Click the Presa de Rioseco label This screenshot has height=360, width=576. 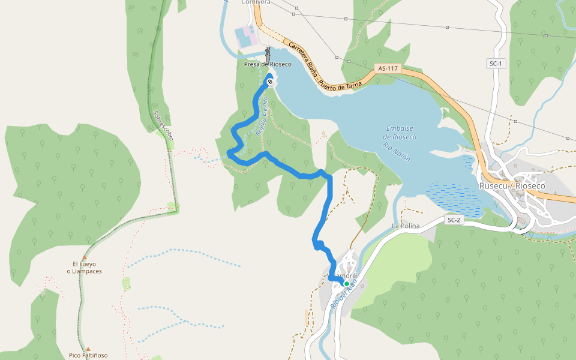[x=268, y=64]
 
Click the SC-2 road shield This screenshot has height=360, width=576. [x=454, y=220]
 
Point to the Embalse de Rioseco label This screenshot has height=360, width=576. [x=401, y=133]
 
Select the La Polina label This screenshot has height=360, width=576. [x=404, y=226]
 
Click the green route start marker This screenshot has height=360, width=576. [x=346, y=284]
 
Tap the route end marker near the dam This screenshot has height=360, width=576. [x=269, y=82]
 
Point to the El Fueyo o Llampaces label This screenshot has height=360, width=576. [x=84, y=268]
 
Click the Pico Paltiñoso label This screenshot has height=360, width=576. [x=88, y=355]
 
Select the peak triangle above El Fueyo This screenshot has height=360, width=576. [x=85, y=257]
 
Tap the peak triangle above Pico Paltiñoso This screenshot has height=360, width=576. [x=88, y=348]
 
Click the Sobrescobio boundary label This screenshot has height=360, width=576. [x=163, y=125]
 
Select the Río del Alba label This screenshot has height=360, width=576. [x=344, y=293]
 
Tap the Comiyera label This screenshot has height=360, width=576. [x=256, y=2]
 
